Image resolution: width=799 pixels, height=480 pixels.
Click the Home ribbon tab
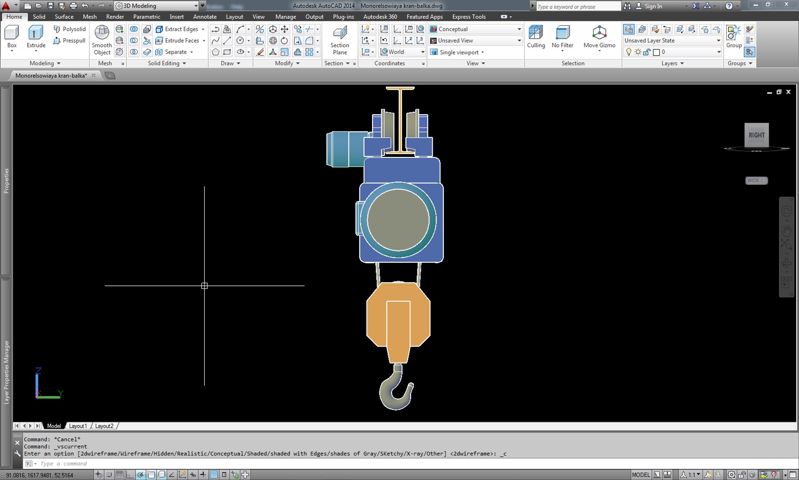coord(14,17)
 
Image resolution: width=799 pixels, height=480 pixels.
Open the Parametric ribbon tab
coord(146,17)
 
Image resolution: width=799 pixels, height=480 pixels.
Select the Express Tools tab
coord(469,17)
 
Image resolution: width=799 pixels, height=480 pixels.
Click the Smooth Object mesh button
coord(102,40)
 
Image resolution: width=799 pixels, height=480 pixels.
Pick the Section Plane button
coord(340,40)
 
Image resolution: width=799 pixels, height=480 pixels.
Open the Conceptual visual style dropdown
coord(475,29)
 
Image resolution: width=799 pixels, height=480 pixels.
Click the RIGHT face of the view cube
coord(756,135)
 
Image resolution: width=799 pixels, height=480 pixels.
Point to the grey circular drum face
coord(398,220)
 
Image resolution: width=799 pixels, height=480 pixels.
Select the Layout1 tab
coord(78,426)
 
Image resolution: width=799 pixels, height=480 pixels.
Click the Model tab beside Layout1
coord(54,426)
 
